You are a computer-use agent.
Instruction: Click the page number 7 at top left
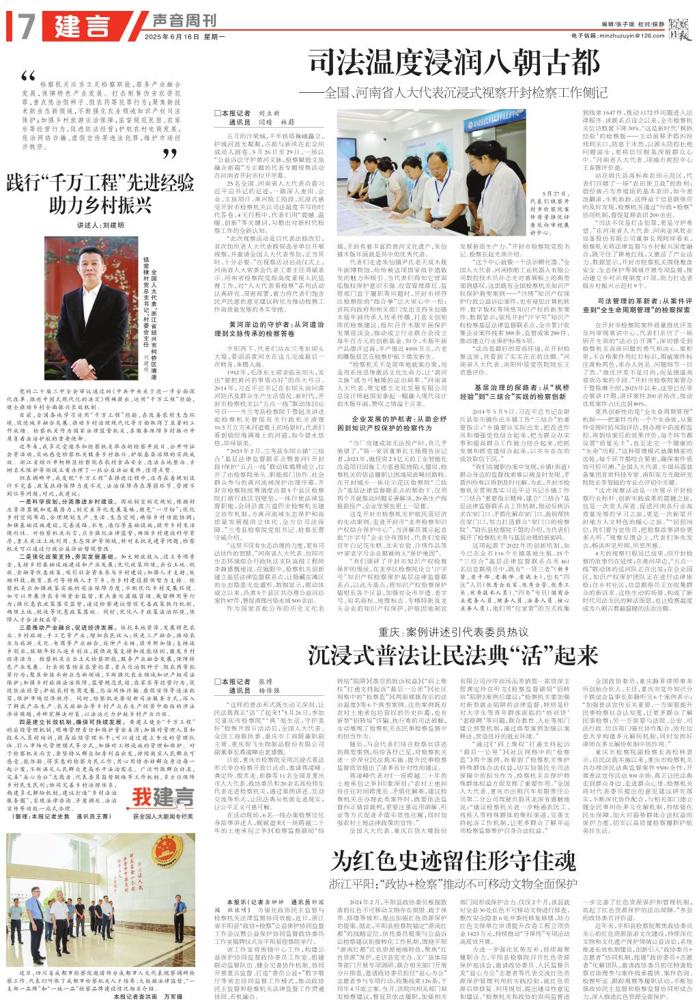(27, 25)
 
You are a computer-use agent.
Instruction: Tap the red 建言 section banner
(82, 26)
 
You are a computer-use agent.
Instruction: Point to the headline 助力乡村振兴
(100, 204)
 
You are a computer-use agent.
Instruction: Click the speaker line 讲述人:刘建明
(100, 225)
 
